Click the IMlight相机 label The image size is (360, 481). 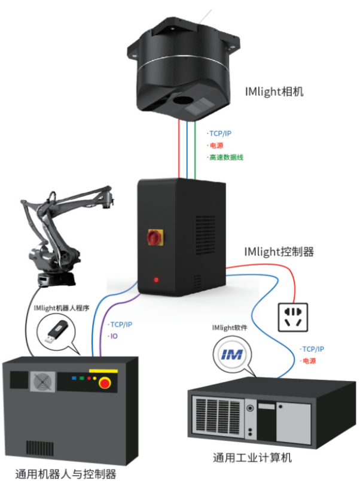pyautogui.click(x=274, y=92)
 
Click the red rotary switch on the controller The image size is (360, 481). pyautogui.click(x=154, y=238)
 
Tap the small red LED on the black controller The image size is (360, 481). pyautogui.click(x=157, y=279)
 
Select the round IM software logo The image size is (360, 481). pyautogui.click(x=232, y=354)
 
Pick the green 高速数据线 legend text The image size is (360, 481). pyautogui.click(x=226, y=157)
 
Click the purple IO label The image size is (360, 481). pyautogui.click(x=113, y=336)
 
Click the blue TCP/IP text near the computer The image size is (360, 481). pyautogui.click(x=313, y=349)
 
